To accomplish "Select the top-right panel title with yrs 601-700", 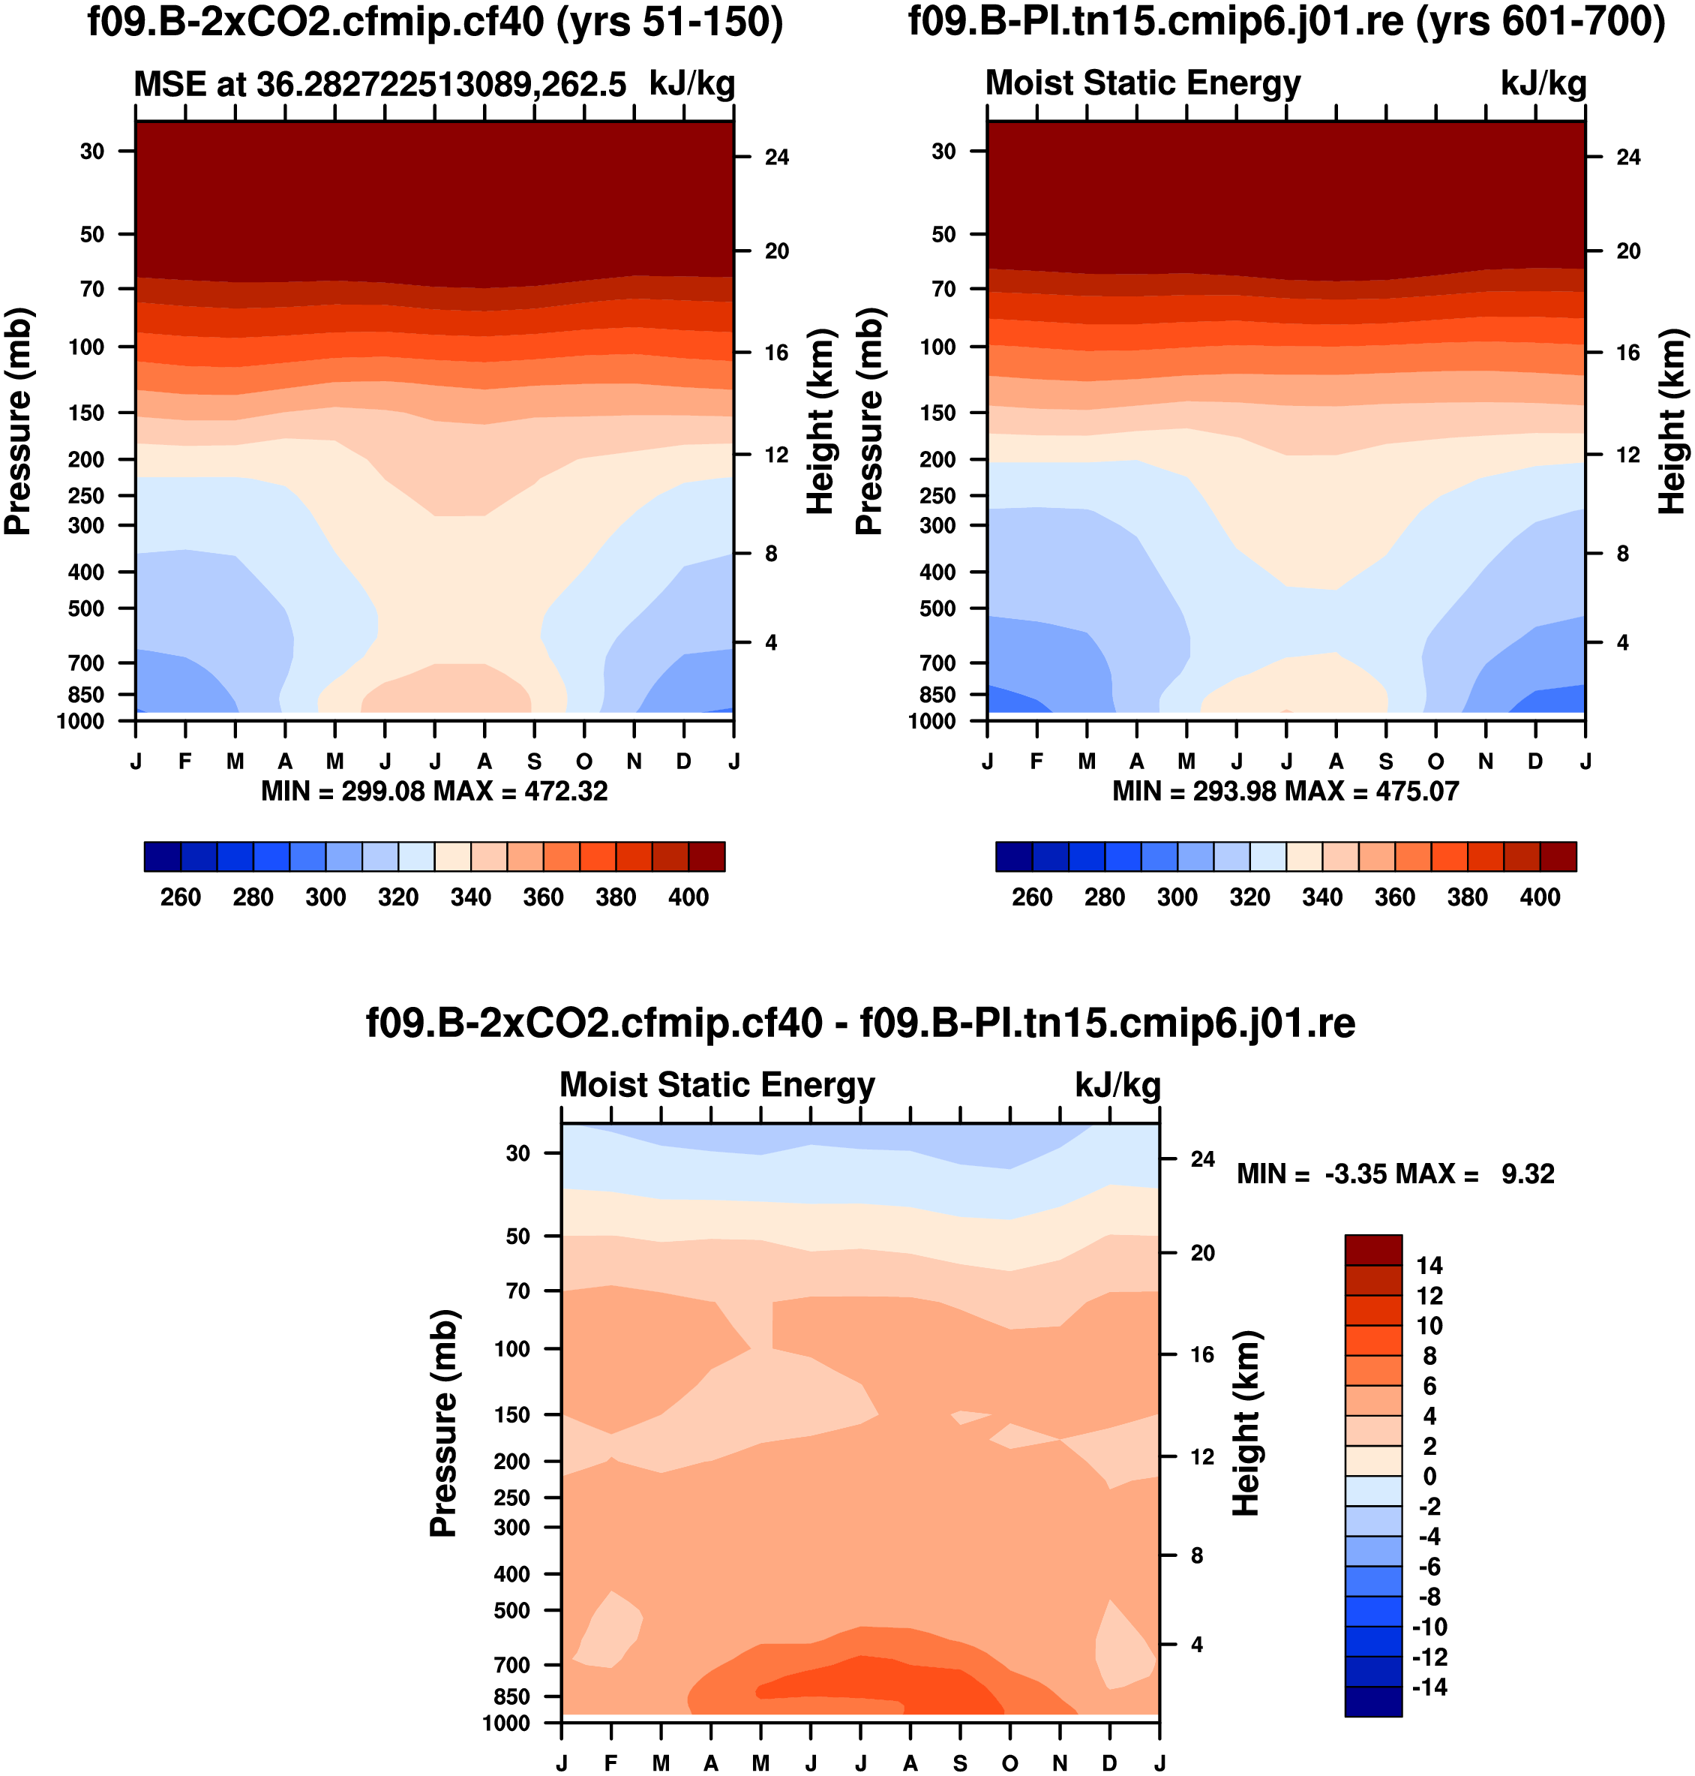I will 1285,22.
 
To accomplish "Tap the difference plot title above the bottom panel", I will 860,1023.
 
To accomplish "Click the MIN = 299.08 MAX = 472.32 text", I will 434,792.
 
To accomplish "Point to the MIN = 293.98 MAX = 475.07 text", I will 1285,792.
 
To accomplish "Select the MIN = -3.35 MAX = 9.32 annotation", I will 1395,1174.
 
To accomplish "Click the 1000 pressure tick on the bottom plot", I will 507,1723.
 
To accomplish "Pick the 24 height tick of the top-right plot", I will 1628,158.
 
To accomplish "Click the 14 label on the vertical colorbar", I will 1429,1265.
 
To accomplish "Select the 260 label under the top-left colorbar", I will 181,897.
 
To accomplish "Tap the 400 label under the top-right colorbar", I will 1540,897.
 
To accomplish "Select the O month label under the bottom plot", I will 1009,1763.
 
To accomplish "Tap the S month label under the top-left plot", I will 535,762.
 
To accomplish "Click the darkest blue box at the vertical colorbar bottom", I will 1372,1701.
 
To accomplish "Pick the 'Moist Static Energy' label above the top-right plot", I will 1142,83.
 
